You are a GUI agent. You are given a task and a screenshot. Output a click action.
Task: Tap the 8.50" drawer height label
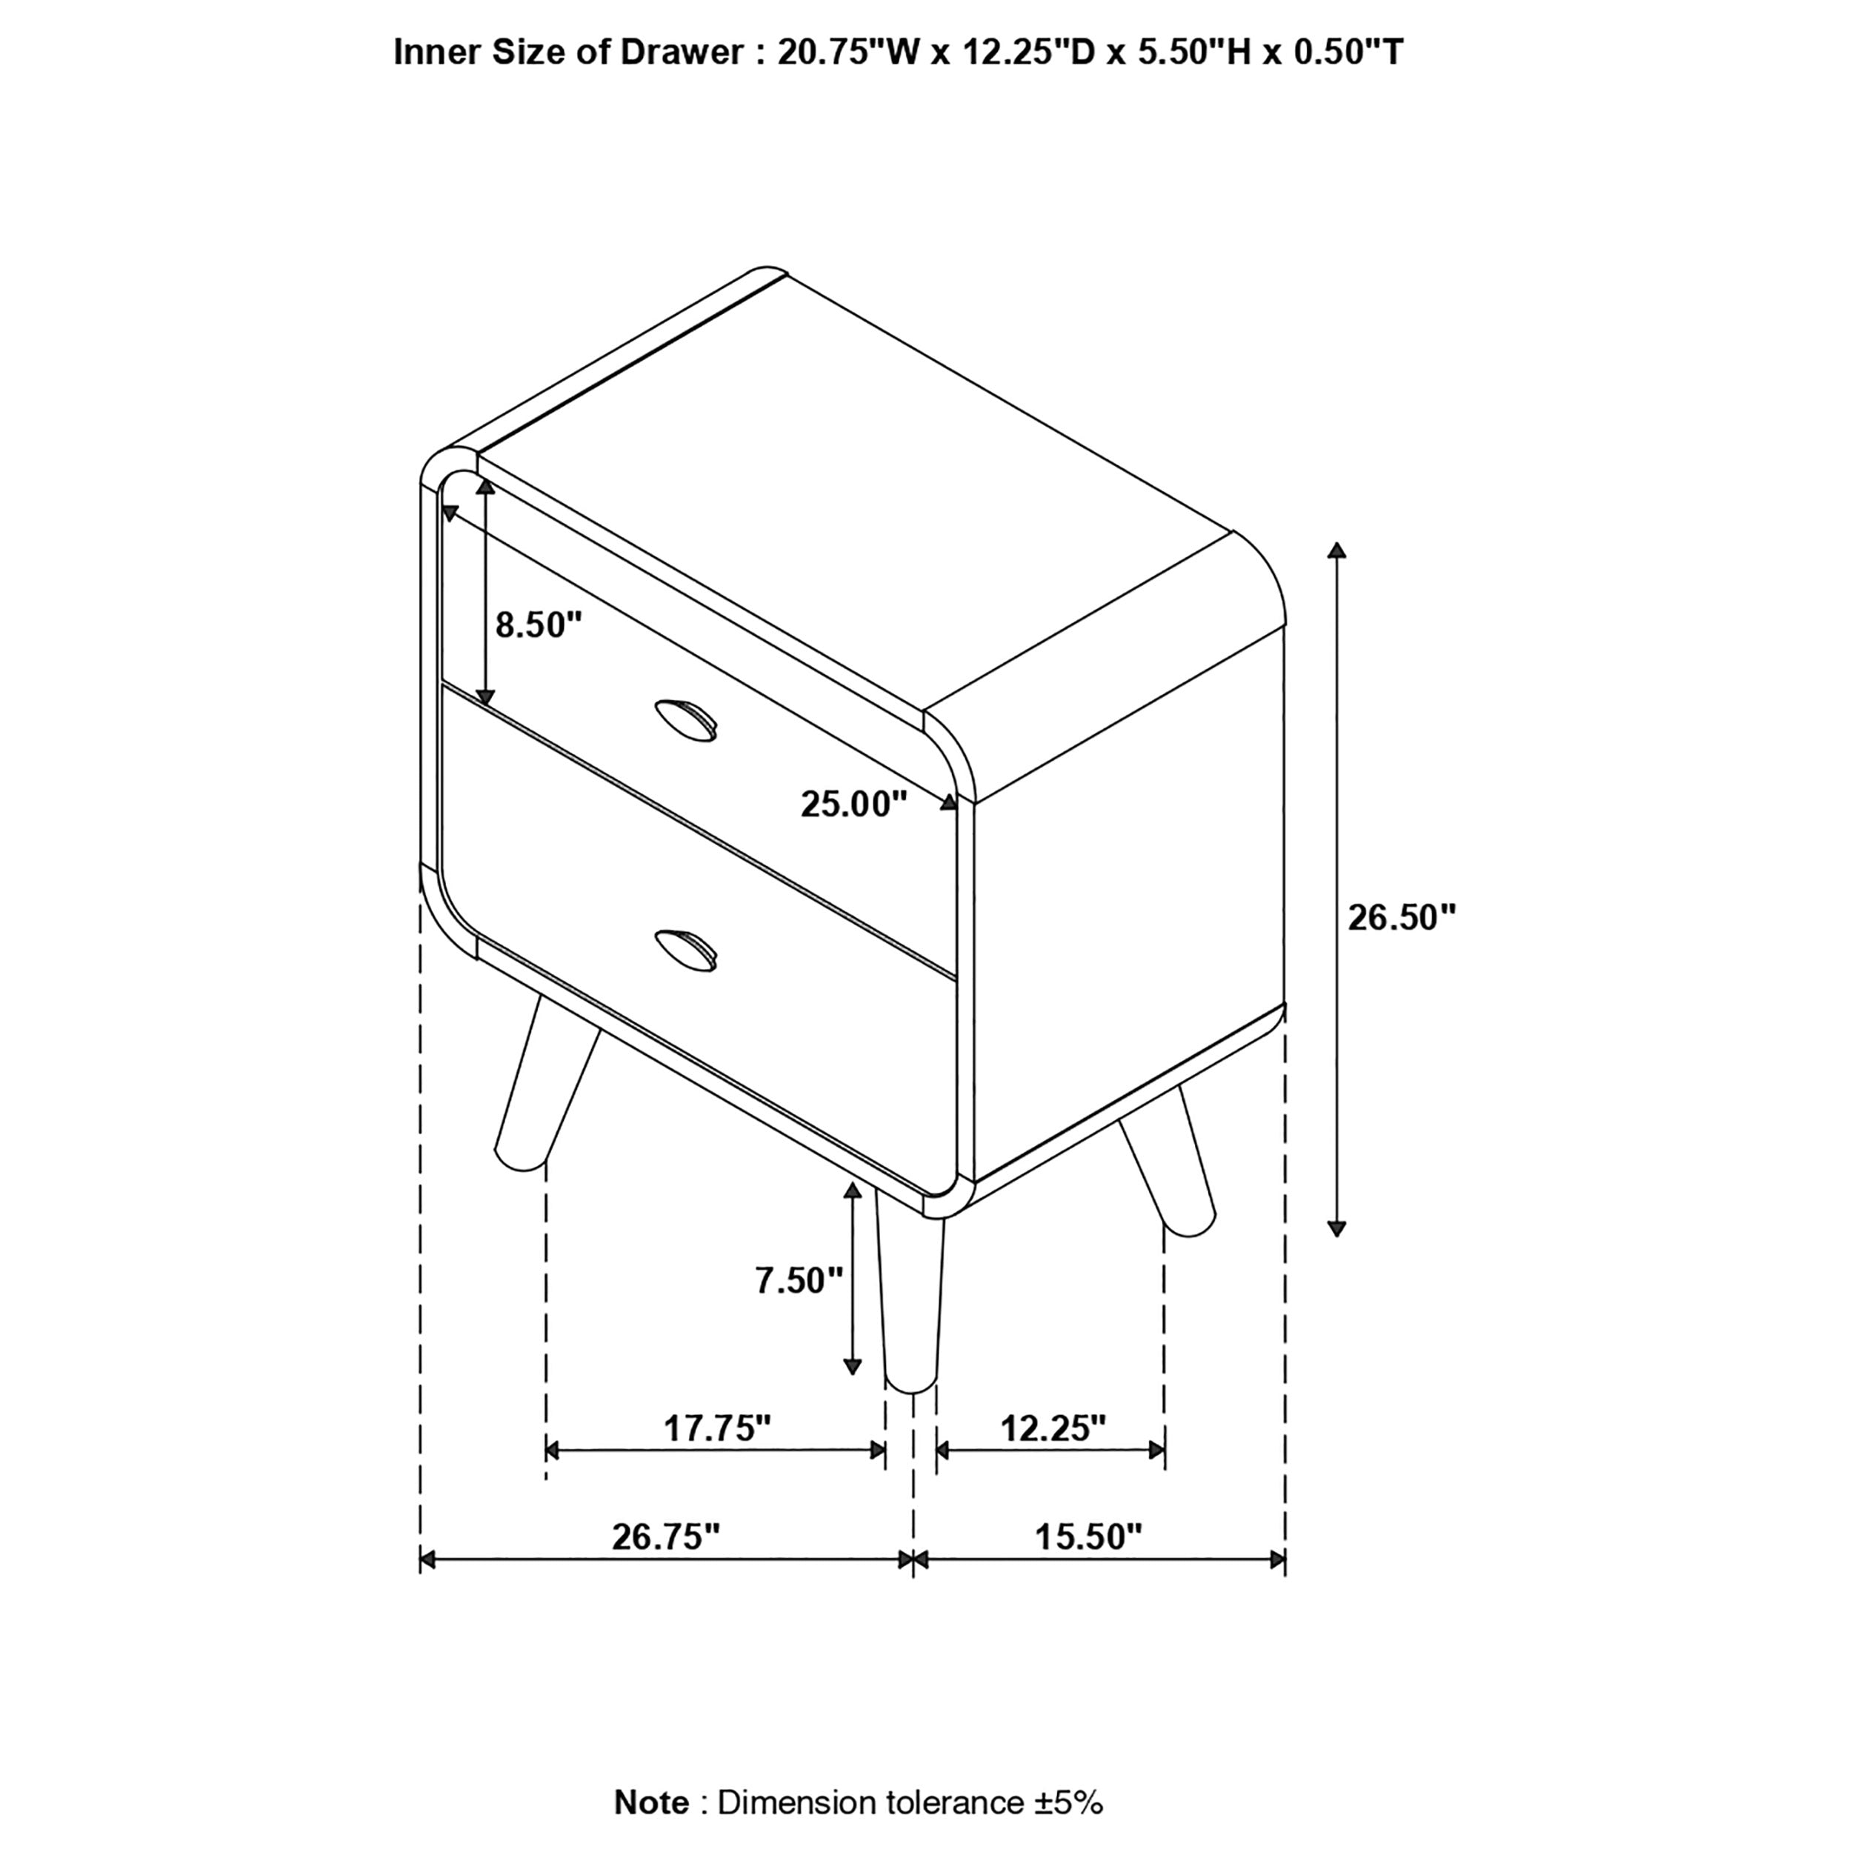[x=539, y=625]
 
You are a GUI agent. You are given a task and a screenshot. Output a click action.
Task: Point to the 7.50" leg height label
[x=799, y=1279]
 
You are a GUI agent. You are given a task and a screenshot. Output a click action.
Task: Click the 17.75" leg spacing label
[x=717, y=1428]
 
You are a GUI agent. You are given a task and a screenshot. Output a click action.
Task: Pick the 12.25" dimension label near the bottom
[x=1053, y=1428]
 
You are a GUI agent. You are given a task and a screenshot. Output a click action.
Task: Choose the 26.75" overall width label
[x=665, y=1536]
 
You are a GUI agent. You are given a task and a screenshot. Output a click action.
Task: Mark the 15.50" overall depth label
[x=1088, y=1536]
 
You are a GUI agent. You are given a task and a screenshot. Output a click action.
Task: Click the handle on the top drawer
[x=685, y=719]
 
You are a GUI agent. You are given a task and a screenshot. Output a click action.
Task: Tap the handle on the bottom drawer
[x=685, y=949]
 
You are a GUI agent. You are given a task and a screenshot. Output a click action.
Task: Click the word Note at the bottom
[x=651, y=1803]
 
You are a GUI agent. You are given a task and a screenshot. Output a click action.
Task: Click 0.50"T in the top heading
[x=1349, y=52]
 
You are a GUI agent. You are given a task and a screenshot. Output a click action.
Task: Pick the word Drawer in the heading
[x=682, y=52]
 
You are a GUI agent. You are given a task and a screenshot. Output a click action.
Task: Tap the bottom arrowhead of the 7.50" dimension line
[x=851, y=1366]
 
